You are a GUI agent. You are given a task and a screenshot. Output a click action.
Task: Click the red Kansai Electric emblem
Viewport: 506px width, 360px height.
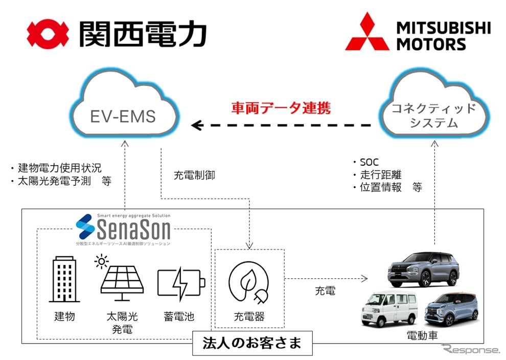48,34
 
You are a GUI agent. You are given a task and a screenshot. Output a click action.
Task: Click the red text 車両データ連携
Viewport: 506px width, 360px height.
281,108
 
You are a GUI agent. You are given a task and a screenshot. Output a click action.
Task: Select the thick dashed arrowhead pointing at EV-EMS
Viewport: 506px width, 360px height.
197,125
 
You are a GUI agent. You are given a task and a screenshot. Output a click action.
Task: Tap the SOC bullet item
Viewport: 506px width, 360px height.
369,163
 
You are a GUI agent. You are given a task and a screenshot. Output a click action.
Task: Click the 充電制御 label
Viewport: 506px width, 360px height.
194,175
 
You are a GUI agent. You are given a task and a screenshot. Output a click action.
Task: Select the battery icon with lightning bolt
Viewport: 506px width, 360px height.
181,282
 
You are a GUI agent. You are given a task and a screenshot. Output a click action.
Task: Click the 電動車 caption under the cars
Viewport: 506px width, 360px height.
422,335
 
